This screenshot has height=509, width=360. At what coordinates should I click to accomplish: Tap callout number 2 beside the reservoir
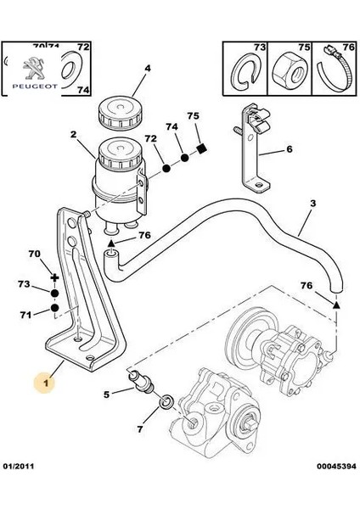tap(73, 134)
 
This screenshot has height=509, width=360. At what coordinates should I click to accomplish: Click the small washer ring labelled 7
tap(168, 398)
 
